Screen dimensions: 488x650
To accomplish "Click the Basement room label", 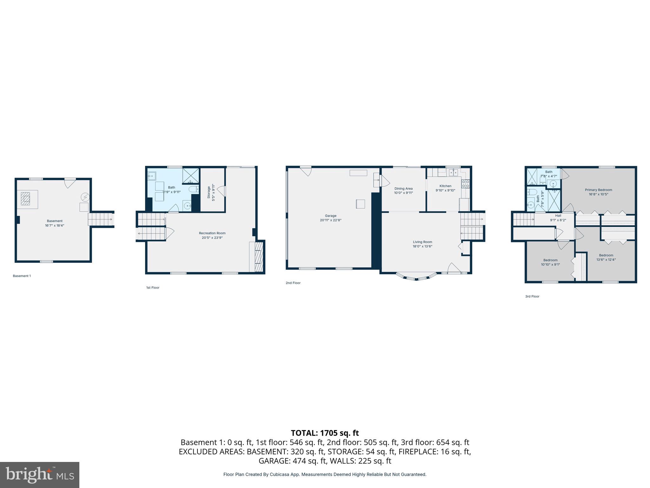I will pyautogui.click(x=55, y=221).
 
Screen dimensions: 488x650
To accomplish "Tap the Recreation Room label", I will pyautogui.click(x=212, y=233).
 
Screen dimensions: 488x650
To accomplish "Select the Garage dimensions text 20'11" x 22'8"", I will pyautogui.click(x=330, y=220).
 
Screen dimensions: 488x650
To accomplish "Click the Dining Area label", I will pyautogui.click(x=403, y=188).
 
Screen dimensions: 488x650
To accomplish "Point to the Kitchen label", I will pyautogui.click(x=445, y=186).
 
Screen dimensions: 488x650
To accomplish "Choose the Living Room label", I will pyautogui.click(x=422, y=242).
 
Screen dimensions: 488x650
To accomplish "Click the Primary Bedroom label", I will pyautogui.click(x=598, y=190).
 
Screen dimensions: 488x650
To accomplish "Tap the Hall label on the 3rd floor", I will pyautogui.click(x=558, y=216).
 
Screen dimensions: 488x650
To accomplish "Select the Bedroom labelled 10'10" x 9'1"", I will pyautogui.click(x=550, y=262).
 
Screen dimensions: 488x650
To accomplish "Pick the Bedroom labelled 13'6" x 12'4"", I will pyautogui.click(x=606, y=257).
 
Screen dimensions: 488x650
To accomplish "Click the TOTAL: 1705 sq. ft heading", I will pyautogui.click(x=325, y=433).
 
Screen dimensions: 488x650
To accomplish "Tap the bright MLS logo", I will pyautogui.click(x=40, y=475).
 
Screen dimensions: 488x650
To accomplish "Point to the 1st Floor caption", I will pyautogui.click(x=153, y=288).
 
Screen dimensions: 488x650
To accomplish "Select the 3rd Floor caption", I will pyautogui.click(x=532, y=296).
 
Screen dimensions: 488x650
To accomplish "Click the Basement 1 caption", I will pyautogui.click(x=22, y=276).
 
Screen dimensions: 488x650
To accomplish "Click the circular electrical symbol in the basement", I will pyautogui.click(x=85, y=197).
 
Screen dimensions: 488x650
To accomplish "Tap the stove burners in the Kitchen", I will pyautogui.click(x=465, y=184).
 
